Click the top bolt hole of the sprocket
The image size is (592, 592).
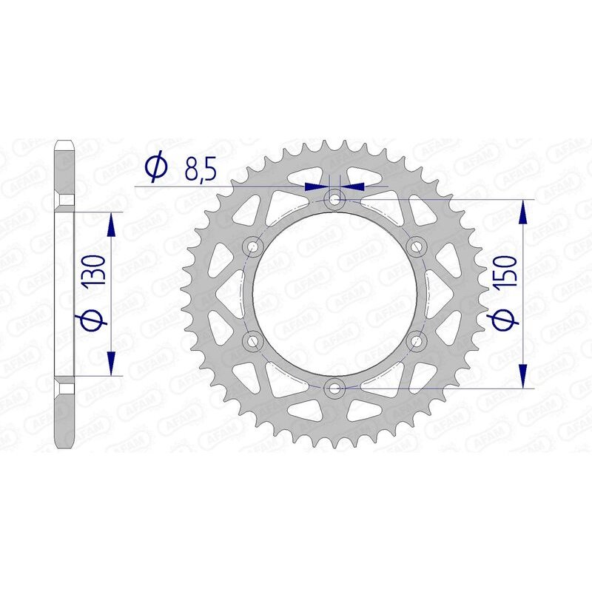[335, 198]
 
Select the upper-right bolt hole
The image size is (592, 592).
[417, 245]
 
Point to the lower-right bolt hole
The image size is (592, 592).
[417, 340]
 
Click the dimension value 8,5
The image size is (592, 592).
[199, 171]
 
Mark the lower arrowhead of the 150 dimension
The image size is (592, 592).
[524, 374]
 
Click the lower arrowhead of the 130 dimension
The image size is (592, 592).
[111, 362]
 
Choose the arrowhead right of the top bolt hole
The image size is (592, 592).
[354, 186]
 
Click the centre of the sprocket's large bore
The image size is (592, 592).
[335, 292]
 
